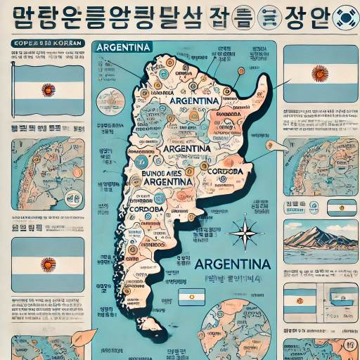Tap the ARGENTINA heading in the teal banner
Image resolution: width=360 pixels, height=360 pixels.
pyautogui.click(x=124, y=47)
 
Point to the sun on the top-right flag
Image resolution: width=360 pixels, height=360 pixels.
pyautogui.click(x=320, y=73)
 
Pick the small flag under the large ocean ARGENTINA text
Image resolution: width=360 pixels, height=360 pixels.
pyautogui.click(x=191, y=297)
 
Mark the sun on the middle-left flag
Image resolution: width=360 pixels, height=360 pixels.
pyautogui.click(x=48, y=264)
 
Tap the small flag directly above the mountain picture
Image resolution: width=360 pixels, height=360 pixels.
pyautogui.click(x=342, y=207)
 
